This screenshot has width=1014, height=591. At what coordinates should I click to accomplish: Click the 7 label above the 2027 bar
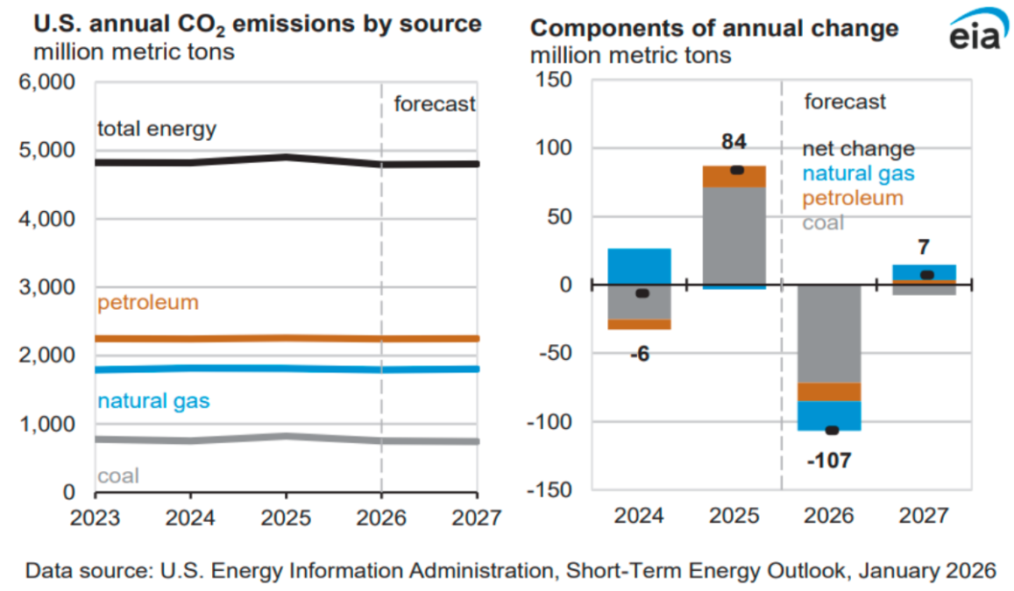click(924, 248)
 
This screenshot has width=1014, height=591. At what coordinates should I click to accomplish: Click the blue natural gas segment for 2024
click(639, 266)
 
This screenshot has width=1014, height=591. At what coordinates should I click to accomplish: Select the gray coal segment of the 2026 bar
click(830, 333)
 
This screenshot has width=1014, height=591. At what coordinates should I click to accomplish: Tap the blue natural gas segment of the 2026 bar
click(830, 415)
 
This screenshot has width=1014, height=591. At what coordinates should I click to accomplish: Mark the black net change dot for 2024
click(642, 293)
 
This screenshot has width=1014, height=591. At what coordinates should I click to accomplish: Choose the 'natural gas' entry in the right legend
click(858, 173)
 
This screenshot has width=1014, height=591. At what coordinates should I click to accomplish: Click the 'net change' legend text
click(858, 149)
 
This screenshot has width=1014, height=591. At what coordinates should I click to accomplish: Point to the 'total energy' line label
click(156, 130)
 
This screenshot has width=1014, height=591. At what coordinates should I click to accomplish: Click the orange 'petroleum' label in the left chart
click(147, 303)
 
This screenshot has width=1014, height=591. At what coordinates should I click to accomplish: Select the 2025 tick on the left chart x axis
click(285, 517)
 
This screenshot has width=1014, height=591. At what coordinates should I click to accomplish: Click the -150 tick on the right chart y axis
click(550, 490)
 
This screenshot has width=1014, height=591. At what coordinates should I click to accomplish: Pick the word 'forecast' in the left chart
click(434, 103)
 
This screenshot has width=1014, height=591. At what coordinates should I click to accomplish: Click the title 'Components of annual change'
click(714, 28)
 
